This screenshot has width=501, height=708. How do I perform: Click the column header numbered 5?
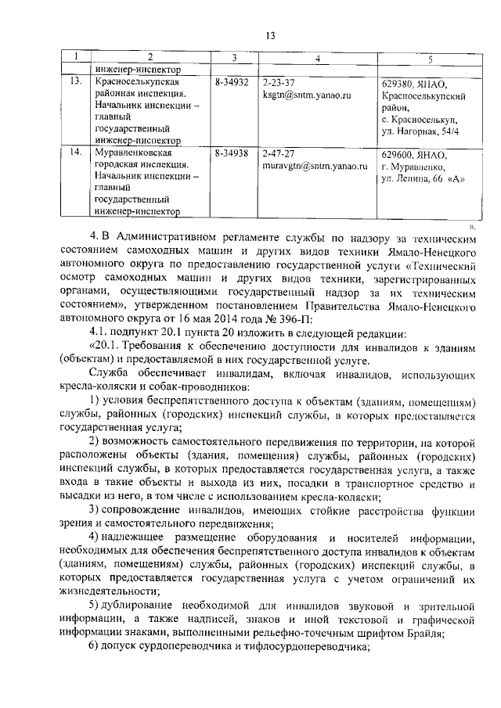[x=431, y=59]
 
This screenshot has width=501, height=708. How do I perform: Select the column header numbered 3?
[x=233, y=59]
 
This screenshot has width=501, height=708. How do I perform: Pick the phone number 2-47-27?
[x=279, y=154]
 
